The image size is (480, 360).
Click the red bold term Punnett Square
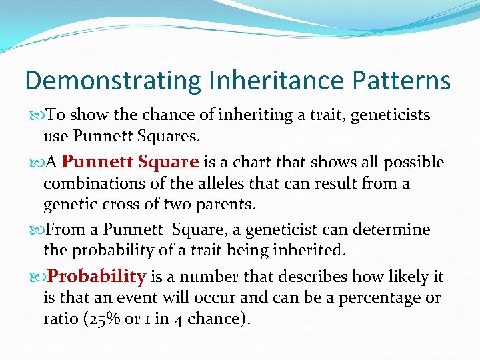point(131,162)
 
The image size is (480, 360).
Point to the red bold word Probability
point(97,277)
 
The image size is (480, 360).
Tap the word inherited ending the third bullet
point(310,250)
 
